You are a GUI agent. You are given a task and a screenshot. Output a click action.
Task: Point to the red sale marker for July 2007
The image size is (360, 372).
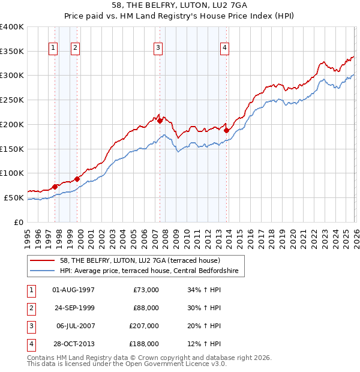160,121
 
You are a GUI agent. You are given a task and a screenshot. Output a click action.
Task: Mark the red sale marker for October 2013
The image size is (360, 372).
226,130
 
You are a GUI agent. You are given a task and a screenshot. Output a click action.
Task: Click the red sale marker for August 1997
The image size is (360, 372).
55,187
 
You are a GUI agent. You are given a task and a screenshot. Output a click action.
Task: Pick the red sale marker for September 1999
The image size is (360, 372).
77,179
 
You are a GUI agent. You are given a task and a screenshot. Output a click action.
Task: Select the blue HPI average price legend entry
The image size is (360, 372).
149,271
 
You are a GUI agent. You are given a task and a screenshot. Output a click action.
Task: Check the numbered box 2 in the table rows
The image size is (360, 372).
31,308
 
